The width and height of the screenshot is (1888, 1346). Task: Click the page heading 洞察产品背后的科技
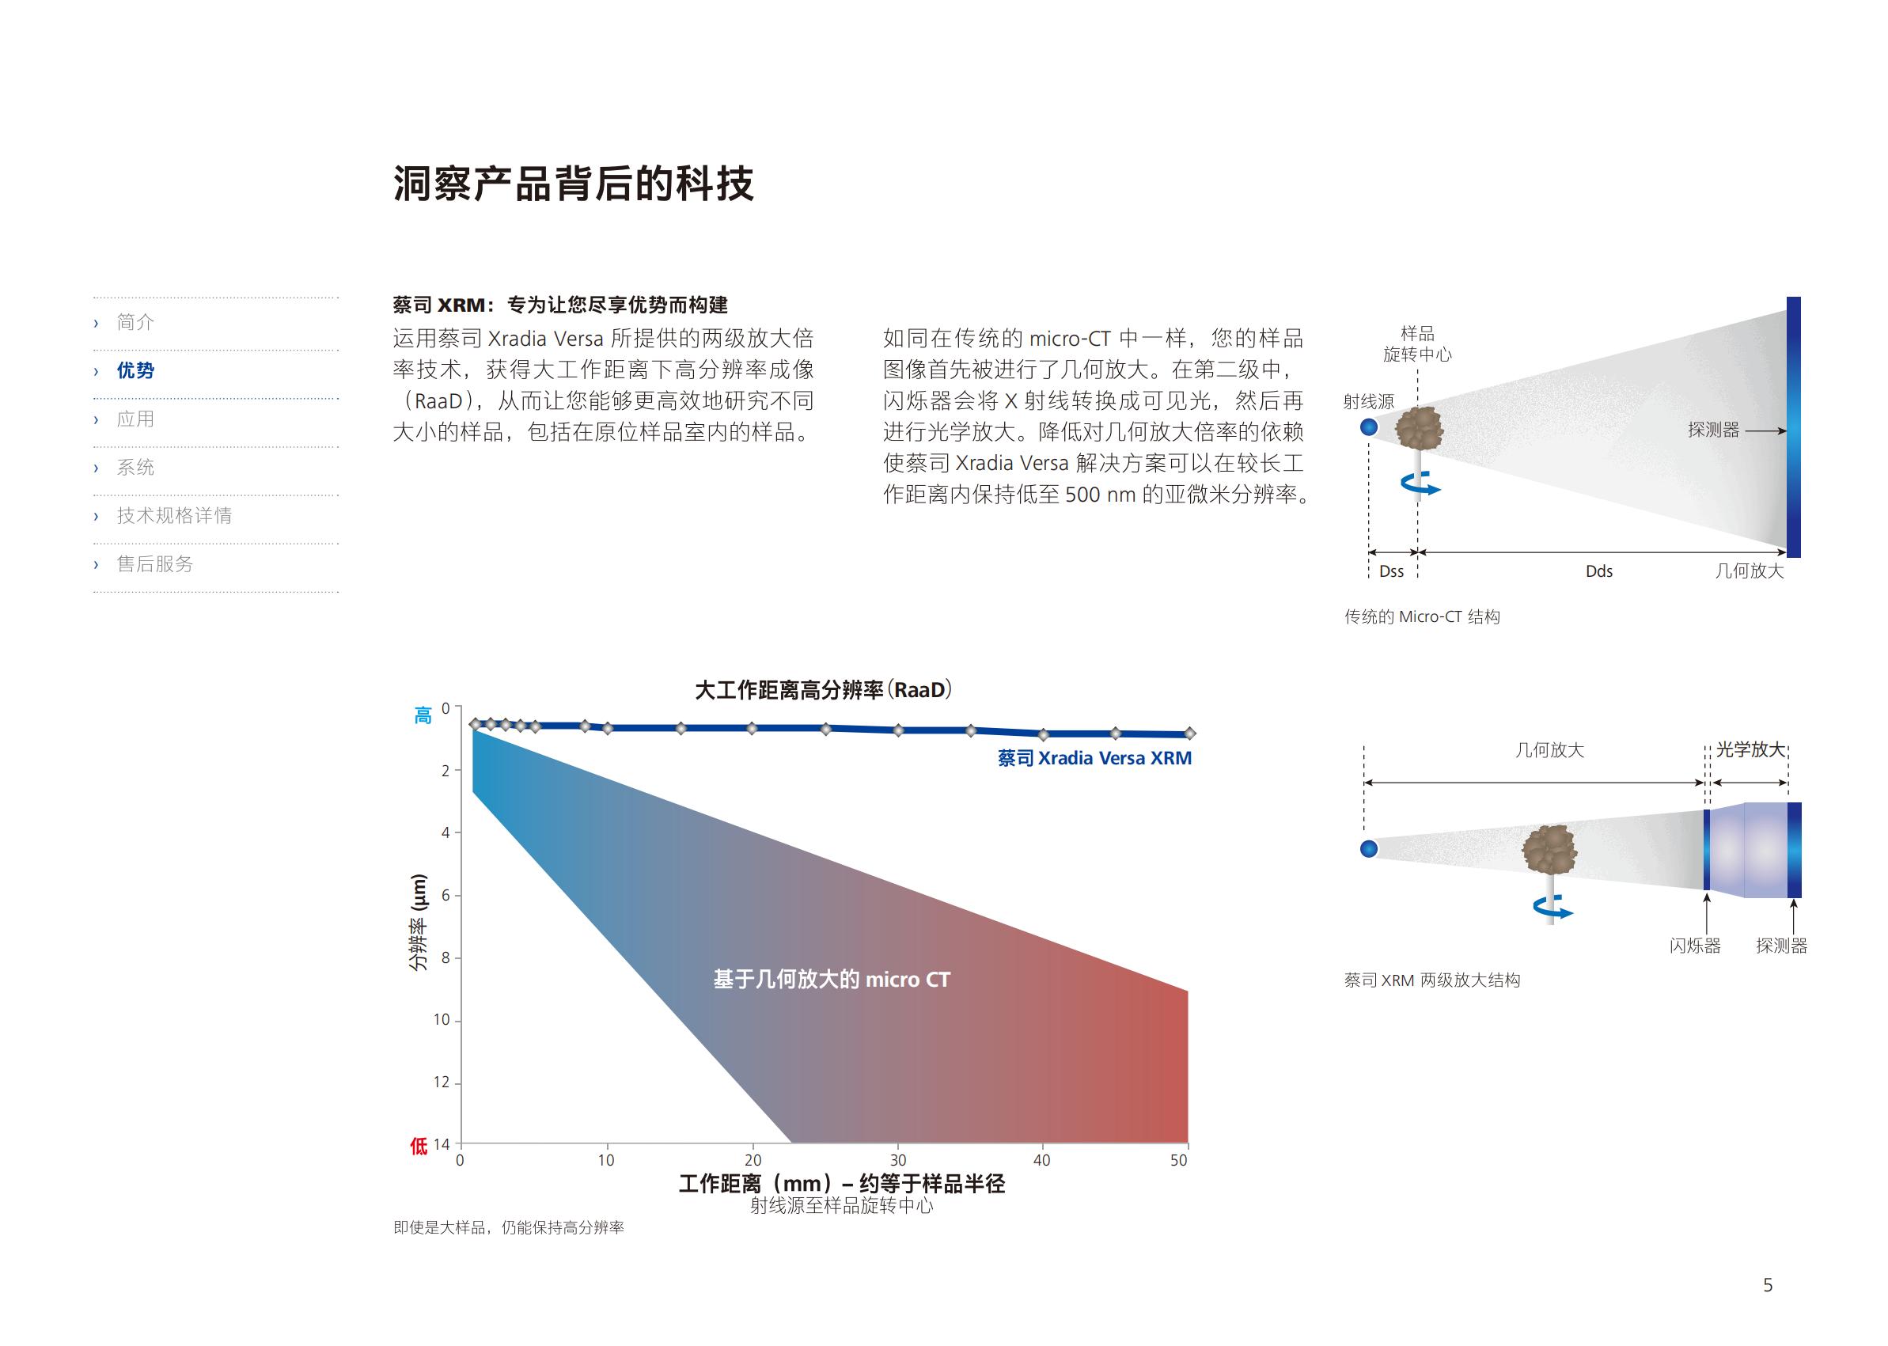click(x=574, y=184)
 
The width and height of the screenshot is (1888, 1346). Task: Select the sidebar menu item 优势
click(x=136, y=370)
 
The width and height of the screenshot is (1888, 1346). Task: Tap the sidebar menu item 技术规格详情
click(x=174, y=515)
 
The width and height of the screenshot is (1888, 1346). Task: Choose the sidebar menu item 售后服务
click(x=155, y=564)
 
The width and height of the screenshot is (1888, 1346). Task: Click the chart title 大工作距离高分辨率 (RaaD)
click(x=823, y=690)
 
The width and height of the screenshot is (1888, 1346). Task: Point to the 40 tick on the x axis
click(x=1042, y=1160)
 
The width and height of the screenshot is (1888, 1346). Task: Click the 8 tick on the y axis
click(x=446, y=957)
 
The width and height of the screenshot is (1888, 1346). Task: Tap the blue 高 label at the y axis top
click(x=423, y=715)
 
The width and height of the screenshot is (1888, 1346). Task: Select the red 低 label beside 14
click(x=419, y=1146)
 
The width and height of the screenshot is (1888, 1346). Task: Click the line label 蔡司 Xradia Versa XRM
click(x=1095, y=758)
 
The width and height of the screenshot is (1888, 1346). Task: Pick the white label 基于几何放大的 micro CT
click(x=832, y=980)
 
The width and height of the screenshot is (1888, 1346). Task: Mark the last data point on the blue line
click(x=1189, y=733)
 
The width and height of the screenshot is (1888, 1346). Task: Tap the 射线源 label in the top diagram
click(x=1368, y=402)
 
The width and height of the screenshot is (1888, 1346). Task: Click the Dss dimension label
click(x=1392, y=571)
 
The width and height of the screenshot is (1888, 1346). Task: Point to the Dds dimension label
click(x=1598, y=571)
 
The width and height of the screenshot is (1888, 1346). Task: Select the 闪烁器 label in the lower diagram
click(x=1695, y=946)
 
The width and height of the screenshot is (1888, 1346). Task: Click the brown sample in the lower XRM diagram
click(x=1549, y=850)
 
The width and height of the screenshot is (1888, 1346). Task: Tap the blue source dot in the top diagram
click(x=1369, y=427)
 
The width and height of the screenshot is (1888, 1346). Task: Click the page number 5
click(x=1768, y=1286)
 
